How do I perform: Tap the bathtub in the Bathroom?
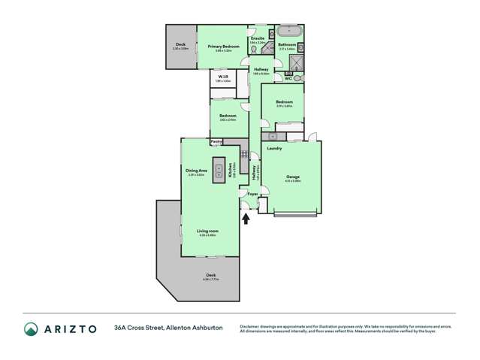pyautogui.click(x=288, y=32)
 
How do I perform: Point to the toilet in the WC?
pyautogui.click(x=297, y=77)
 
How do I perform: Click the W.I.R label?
pyautogui.click(x=224, y=77)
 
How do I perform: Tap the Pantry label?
pyautogui.click(x=216, y=141)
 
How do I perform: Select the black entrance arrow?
pyautogui.click(x=246, y=218)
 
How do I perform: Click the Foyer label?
pyautogui.click(x=252, y=195)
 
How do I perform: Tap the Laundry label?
pyautogui.click(x=274, y=148)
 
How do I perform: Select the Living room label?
pyautogui.click(x=207, y=231)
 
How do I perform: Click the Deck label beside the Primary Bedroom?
pyautogui.click(x=180, y=44)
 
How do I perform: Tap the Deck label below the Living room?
pyautogui.click(x=211, y=276)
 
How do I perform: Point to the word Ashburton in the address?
pyautogui.click(x=204, y=328)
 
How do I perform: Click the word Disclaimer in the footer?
pyautogui.click(x=252, y=325)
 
